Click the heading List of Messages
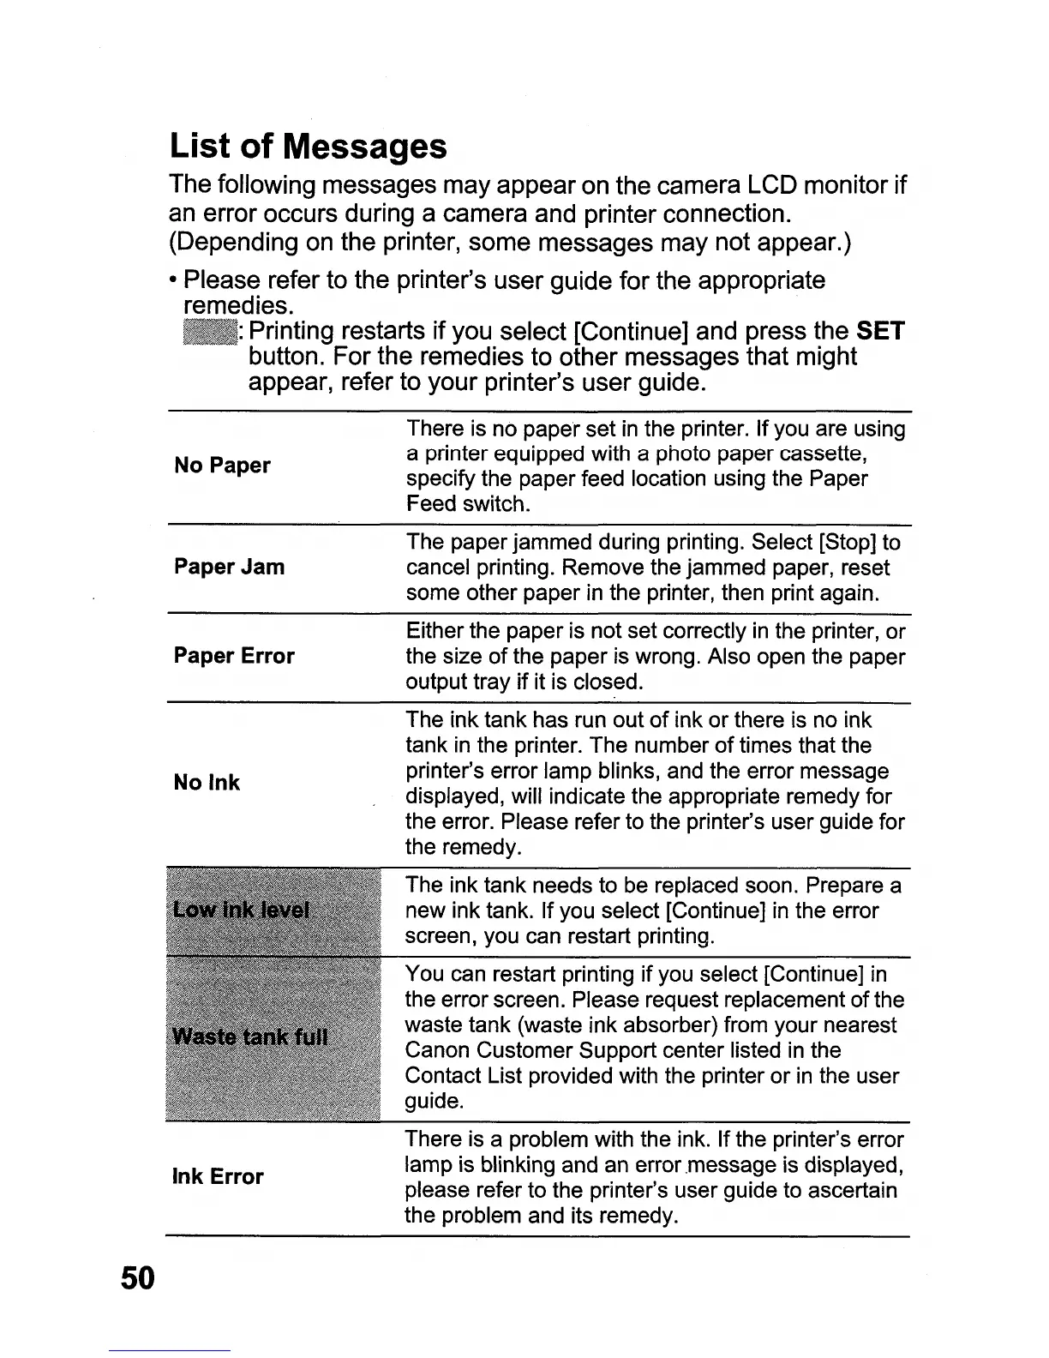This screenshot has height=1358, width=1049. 309,146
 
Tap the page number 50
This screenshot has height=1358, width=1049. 137,1278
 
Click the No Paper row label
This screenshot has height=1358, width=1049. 222,466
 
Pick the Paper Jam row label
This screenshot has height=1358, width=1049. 229,567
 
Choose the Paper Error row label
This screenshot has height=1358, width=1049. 234,656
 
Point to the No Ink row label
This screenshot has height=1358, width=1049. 207,783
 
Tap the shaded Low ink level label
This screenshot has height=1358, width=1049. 241,910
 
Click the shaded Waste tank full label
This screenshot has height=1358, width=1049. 250,1037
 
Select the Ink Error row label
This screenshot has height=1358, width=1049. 218,1176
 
